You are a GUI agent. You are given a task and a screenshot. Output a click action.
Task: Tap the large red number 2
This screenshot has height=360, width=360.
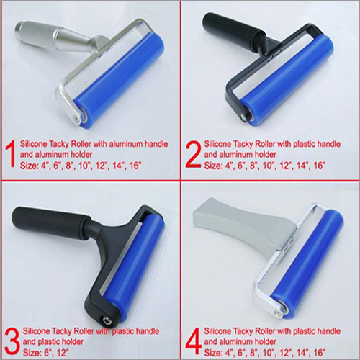pos(191,152)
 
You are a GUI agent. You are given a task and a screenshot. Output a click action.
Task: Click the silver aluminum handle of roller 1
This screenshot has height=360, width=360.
pos(43,36)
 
